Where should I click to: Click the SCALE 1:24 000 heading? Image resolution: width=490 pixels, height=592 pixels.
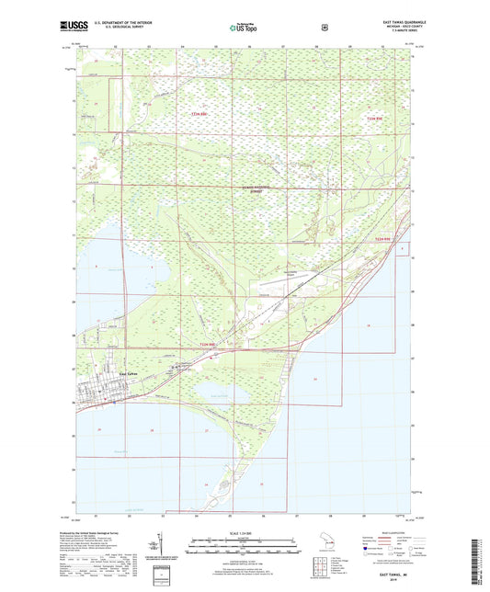(x=245, y=532)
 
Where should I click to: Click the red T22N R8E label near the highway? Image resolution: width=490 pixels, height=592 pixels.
(x=210, y=344)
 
